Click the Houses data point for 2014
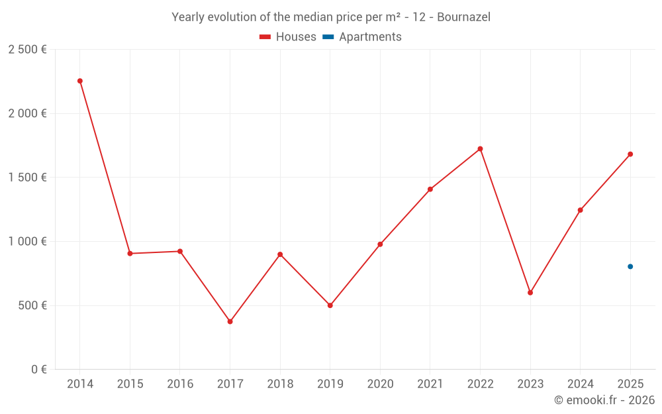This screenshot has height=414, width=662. [80, 81]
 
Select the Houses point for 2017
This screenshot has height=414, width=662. [230, 321]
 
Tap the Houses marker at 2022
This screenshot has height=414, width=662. [480, 148]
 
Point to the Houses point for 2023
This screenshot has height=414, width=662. [530, 292]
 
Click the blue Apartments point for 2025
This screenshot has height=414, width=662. [630, 266]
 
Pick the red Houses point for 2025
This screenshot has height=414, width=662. [630, 154]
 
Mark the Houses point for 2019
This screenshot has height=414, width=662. [330, 305]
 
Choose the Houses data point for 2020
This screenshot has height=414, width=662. [380, 244]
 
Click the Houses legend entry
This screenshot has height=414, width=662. [288, 37]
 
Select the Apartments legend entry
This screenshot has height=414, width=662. [363, 37]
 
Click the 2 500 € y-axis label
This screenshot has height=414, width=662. [27, 50]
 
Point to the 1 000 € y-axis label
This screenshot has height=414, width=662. [27, 242]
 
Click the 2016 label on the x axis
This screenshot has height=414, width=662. [180, 384]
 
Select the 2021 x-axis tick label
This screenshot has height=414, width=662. [430, 384]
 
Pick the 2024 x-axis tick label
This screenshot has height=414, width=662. [580, 384]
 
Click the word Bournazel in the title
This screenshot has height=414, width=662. [463, 17]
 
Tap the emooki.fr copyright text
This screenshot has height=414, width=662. [604, 400]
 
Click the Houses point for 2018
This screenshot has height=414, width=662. [280, 254]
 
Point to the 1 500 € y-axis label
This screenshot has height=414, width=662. [27, 178]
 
